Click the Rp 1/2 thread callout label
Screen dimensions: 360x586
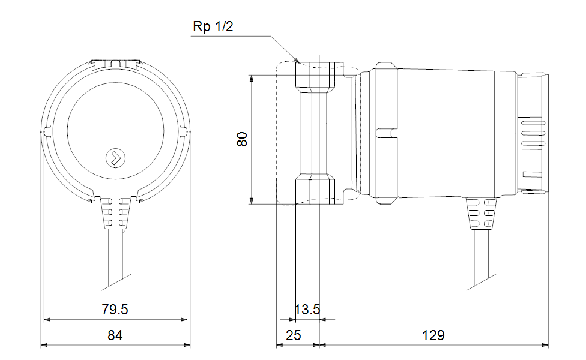point(211,28)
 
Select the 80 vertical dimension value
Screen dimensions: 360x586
point(241,140)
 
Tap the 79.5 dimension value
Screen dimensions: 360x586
point(115,310)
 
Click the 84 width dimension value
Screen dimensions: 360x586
point(115,335)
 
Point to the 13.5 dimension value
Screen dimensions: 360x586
point(307,310)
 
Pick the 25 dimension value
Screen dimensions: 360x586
point(294,335)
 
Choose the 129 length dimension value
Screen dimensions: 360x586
point(433,335)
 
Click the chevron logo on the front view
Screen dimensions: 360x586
point(115,158)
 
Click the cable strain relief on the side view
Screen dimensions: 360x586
point(482,215)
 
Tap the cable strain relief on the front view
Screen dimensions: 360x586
point(115,213)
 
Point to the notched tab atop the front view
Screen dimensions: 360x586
point(115,61)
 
